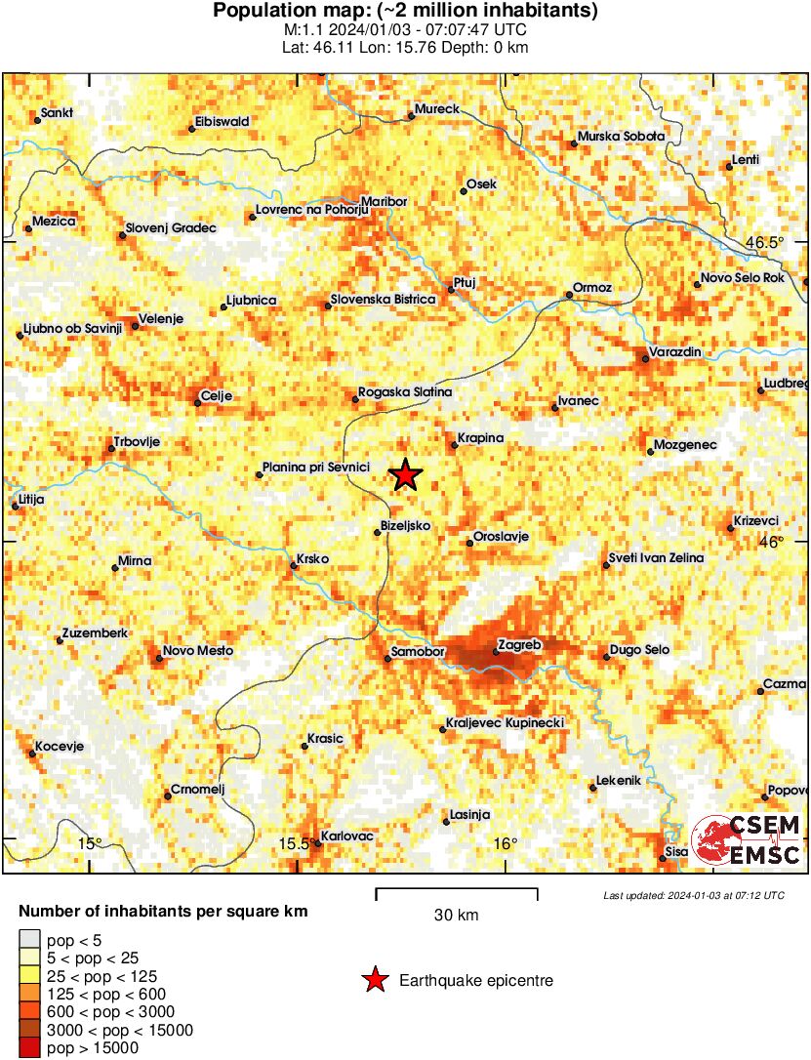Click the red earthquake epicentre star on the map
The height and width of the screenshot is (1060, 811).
tap(405, 475)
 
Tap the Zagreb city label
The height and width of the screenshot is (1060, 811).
tap(518, 645)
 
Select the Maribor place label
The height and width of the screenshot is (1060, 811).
tap(383, 201)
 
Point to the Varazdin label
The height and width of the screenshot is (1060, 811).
tap(679, 352)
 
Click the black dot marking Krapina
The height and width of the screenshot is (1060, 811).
tap(454, 447)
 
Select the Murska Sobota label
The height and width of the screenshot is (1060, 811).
tap(621, 137)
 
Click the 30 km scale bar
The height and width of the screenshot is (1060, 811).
tap(457, 890)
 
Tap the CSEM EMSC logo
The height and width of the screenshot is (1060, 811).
tap(747, 839)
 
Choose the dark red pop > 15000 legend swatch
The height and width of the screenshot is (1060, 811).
tap(29, 1048)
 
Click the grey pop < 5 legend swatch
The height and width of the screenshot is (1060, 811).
tap(29, 941)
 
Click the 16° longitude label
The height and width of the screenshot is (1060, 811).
tap(504, 844)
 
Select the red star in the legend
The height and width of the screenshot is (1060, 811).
tap(375, 980)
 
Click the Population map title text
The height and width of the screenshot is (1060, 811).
tap(405, 12)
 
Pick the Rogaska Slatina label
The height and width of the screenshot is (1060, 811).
tap(405, 391)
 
